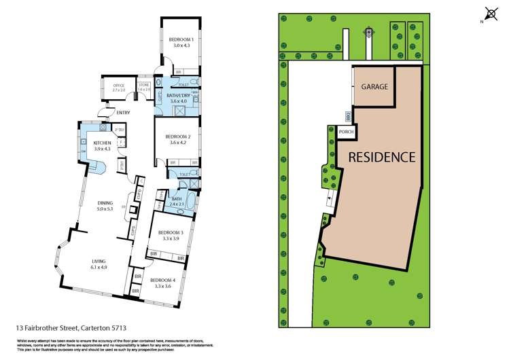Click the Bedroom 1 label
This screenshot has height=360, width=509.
click(181, 40)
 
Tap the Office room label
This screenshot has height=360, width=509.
click(119, 86)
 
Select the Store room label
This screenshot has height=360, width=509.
click(143, 86)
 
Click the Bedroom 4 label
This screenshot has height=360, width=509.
click(162, 280)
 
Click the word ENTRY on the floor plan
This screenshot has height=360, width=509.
click(123, 112)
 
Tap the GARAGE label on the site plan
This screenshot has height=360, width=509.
click(374, 87)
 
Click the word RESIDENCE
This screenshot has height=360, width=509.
click(381, 157)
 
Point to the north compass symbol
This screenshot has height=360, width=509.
click(489, 13)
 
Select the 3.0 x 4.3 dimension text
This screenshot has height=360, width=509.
click(181, 45)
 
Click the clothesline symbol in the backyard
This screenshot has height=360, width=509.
click(369, 31)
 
